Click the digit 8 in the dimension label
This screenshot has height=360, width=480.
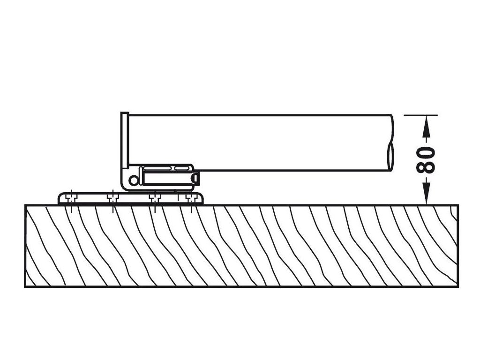[426, 167]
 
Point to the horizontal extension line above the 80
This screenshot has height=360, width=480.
[420, 115]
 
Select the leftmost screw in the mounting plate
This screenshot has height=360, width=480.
[72, 198]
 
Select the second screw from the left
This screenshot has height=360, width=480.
[112, 198]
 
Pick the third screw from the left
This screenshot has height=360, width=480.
[154, 198]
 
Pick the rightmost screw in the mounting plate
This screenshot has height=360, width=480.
[190, 198]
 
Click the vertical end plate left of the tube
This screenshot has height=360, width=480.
[124, 141]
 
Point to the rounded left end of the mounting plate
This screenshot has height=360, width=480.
[60, 198]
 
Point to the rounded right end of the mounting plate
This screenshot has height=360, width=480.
[202, 198]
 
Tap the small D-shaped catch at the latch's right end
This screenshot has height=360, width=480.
[196, 179]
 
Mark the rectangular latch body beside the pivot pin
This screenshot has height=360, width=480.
[166, 179]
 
